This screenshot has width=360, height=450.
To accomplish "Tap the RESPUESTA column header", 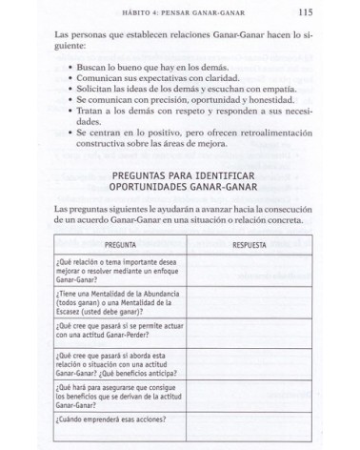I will tap(250, 245).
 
